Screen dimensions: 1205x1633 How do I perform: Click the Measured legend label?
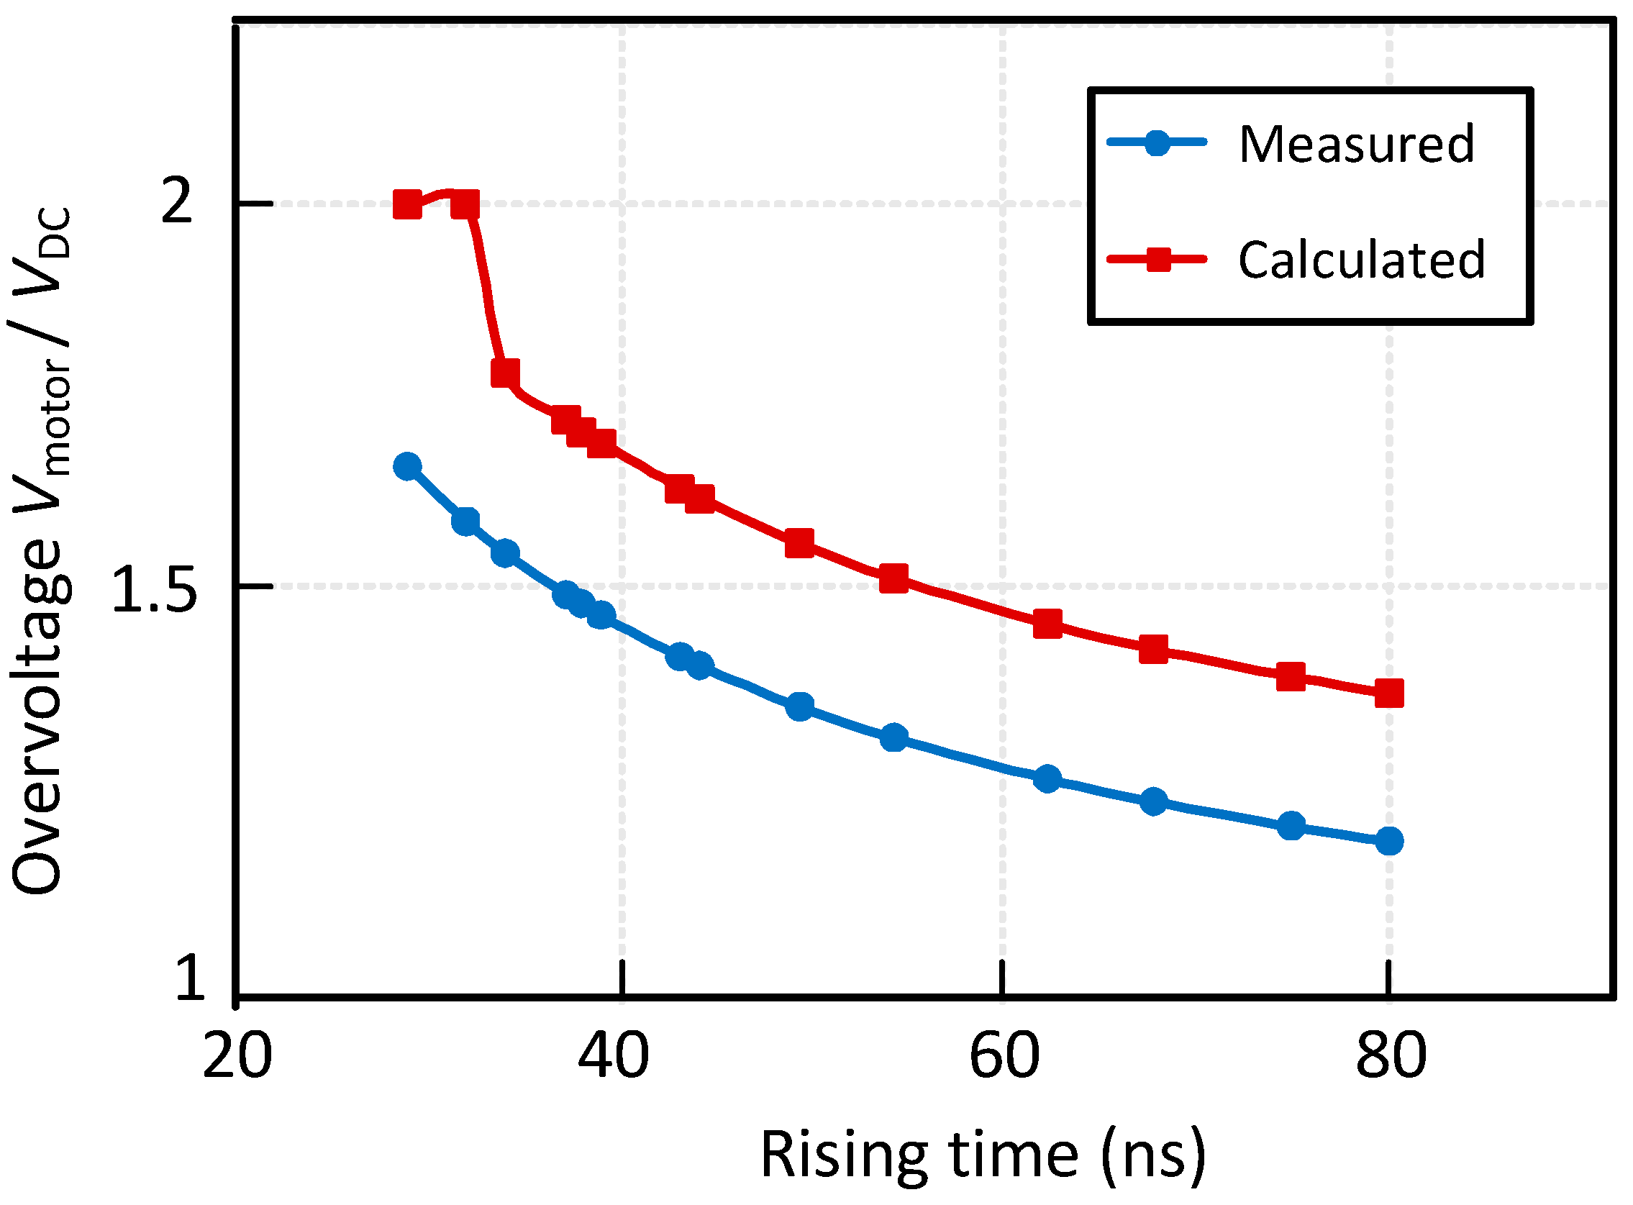(1357, 144)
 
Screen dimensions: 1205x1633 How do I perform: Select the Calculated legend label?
(1362, 260)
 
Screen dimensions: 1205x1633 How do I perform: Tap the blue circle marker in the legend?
(1157, 142)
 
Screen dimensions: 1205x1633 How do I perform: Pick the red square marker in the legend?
(1158, 259)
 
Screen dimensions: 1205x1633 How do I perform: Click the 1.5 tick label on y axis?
(155, 589)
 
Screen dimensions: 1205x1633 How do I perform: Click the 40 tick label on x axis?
(614, 1056)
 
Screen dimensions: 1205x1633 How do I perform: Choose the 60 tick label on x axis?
(1004, 1056)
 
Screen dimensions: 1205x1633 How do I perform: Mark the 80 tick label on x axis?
(1391, 1056)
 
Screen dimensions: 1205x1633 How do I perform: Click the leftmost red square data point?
(408, 205)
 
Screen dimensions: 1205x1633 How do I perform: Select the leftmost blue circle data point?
(408, 466)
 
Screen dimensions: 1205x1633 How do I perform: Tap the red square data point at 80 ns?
(1389, 694)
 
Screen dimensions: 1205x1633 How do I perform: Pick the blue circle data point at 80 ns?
(1389, 841)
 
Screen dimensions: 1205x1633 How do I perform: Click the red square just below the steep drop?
(506, 373)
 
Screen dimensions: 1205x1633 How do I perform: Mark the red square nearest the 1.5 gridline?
(894, 578)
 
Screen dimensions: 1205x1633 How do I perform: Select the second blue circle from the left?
(465, 522)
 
